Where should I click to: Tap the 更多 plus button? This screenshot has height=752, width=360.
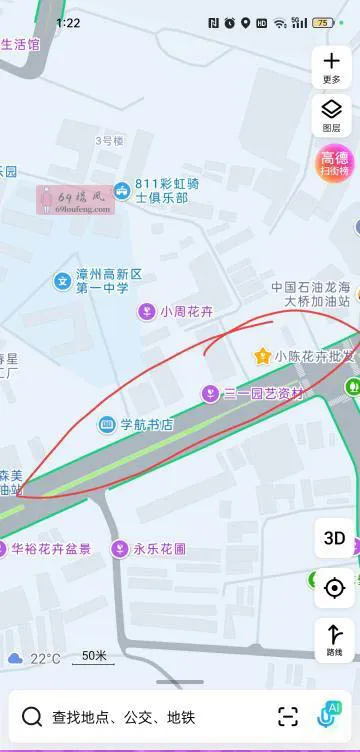tap(332, 67)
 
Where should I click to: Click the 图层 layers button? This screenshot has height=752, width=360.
tap(332, 115)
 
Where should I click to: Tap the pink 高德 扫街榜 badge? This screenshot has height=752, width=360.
tap(334, 162)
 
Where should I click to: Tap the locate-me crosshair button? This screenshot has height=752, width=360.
tap(334, 587)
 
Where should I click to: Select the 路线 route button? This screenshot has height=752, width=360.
tap(334, 639)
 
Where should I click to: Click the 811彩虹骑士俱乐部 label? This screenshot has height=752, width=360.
tap(160, 191)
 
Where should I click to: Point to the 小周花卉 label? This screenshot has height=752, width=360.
tap(187, 312)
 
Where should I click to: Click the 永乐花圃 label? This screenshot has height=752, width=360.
tap(160, 549)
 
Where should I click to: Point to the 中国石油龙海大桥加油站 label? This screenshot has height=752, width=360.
tap(311, 293)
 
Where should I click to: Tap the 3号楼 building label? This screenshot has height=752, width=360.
tap(109, 141)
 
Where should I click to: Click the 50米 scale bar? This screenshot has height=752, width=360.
tap(95, 656)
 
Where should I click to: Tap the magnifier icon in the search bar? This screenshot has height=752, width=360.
tap(32, 716)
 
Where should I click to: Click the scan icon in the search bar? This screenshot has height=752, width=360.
tap(288, 716)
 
